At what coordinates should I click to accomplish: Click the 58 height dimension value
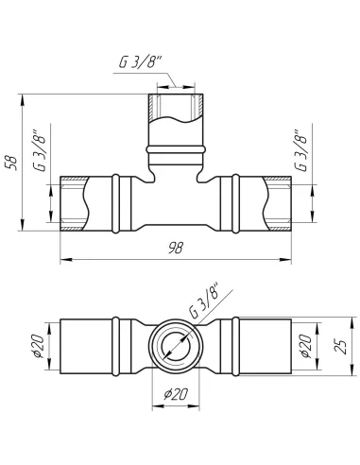[x=12, y=163]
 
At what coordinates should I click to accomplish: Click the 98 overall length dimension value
[x=176, y=248]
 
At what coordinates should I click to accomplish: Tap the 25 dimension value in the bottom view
[x=341, y=346]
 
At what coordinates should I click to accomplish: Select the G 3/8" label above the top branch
[x=140, y=62]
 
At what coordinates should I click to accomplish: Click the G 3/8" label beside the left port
[x=41, y=150]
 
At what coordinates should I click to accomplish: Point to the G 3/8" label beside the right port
[x=300, y=150]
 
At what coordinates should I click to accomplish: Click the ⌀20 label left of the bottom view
[x=39, y=346]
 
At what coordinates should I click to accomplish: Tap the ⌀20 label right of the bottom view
[x=306, y=346]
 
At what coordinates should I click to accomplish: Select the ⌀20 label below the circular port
[x=176, y=394]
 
